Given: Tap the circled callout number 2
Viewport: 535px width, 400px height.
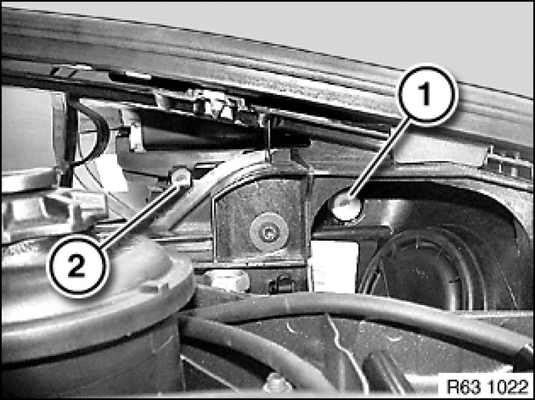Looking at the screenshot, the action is (77, 266).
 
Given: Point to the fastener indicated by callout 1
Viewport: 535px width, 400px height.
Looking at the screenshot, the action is (347, 208).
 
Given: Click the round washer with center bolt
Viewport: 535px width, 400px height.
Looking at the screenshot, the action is (269, 232).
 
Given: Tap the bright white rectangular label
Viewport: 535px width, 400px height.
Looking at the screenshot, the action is (334, 266).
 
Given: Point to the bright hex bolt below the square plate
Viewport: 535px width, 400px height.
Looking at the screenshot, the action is (226, 281).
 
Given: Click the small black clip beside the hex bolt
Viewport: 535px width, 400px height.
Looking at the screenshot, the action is (282, 284).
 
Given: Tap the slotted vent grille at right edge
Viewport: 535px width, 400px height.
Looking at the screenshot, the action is (509, 163).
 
